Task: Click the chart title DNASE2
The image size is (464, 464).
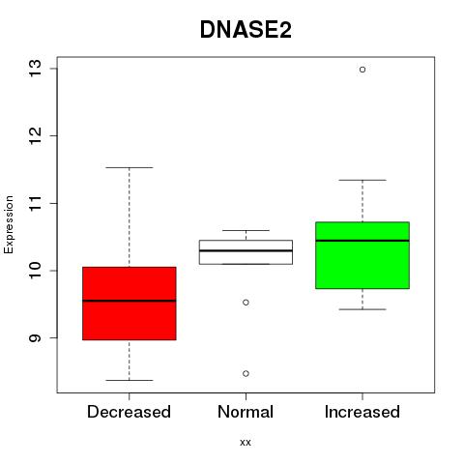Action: point(246,30)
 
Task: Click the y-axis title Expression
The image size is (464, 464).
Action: point(9,224)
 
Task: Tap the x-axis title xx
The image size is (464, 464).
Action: point(246,443)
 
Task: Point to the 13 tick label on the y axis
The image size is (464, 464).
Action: point(35,69)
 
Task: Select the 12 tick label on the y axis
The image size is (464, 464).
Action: point(35,135)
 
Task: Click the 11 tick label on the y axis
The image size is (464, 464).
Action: point(35,203)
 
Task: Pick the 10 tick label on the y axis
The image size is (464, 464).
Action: point(35,271)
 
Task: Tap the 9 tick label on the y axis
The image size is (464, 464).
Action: point(35,337)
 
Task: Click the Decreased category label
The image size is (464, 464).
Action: point(129,412)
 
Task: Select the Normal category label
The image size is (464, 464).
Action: point(246,412)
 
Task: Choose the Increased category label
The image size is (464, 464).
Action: point(362,412)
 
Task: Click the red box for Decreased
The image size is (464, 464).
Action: point(130,304)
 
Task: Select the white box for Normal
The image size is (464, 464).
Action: point(246,252)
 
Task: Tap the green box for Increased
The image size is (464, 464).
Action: point(362,255)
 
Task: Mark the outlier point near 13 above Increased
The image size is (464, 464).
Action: point(362,70)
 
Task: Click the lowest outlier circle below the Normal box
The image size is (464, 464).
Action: point(246,373)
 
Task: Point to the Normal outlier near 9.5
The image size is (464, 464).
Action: point(246,303)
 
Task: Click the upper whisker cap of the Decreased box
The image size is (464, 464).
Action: point(130,167)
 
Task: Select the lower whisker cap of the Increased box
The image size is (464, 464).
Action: point(362,309)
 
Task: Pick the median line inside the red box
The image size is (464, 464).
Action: point(130,301)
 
